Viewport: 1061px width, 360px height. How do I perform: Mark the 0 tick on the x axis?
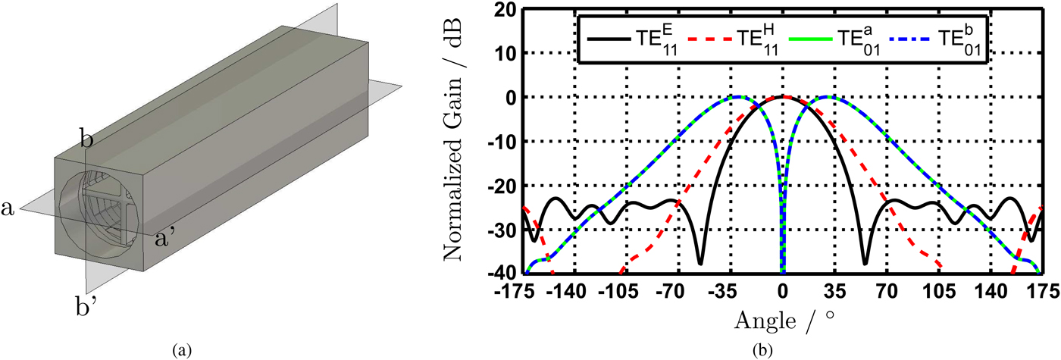tap(783, 290)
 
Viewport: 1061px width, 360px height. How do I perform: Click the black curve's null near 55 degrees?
tap(865, 263)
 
